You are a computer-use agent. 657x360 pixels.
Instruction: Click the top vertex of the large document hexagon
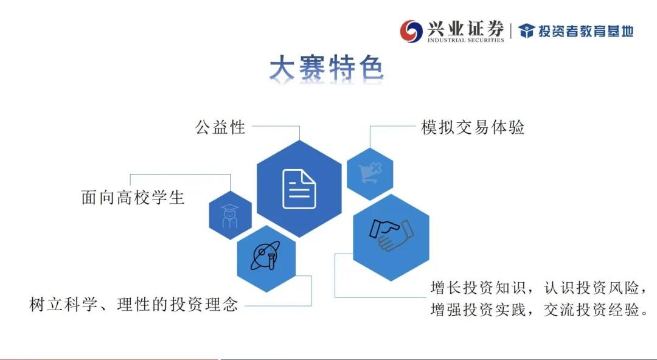coord(299,140)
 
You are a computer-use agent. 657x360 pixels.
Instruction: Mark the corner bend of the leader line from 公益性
coord(299,126)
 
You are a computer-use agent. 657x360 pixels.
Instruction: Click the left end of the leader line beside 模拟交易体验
coord(370,126)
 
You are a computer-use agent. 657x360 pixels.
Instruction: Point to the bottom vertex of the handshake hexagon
coord(391,281)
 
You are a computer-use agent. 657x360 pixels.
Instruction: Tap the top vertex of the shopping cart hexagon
coord(370,148)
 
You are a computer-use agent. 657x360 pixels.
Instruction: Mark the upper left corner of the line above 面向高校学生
coord(130,174)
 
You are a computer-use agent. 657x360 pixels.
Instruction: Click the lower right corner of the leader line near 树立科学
coord(311,305)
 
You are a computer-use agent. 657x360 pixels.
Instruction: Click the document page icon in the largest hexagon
coord(299,189)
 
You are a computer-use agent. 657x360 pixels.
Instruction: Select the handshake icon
coord(391,235)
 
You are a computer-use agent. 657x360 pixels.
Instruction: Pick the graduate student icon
coord(229,216)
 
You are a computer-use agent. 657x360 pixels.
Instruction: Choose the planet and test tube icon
coord(266,255)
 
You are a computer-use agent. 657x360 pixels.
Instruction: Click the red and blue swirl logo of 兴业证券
coord(411,31)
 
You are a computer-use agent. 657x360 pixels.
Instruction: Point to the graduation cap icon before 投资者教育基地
coord(526,31)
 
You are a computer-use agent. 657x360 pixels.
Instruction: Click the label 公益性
coord(220,127)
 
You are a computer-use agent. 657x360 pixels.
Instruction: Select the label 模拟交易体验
coord(473,127)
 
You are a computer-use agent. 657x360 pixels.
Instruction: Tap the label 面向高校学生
coord(133,198)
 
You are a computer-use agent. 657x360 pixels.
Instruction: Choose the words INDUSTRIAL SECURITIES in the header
coord(465,40)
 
